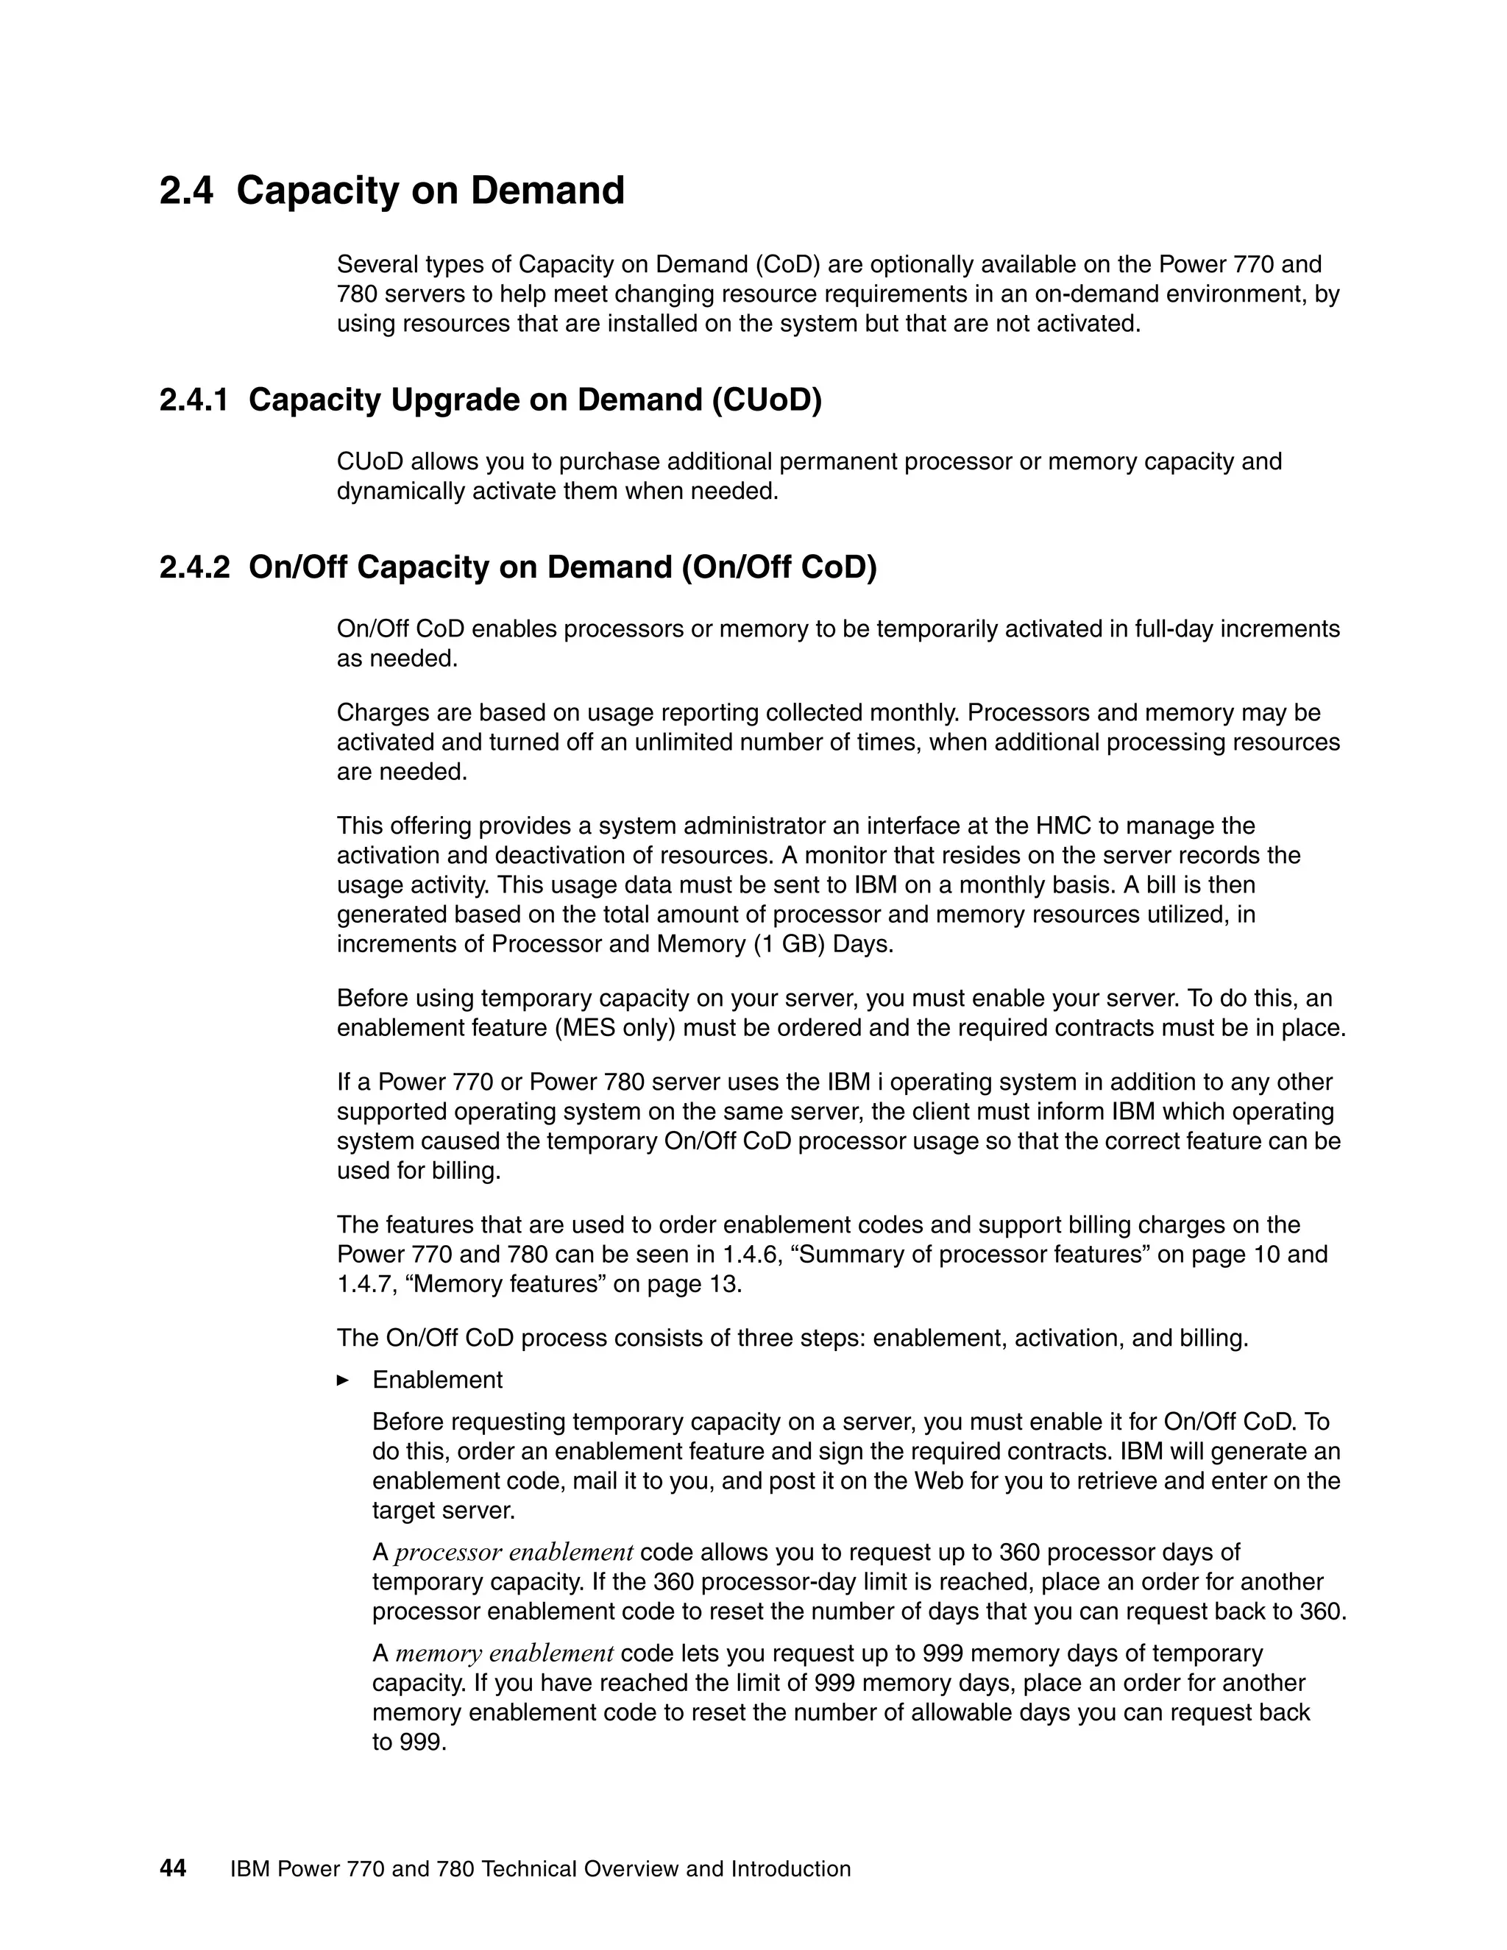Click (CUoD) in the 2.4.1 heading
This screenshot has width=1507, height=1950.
tap(766, 400)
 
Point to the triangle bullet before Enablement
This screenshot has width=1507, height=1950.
tap(343, 1380)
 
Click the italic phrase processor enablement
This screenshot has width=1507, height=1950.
tap(514, 1553)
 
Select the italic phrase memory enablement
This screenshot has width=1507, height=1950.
tap(504, 1653)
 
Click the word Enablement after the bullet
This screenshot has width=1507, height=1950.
tap(438, 1380)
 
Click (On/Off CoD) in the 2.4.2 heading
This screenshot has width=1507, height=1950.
tap(779, 568)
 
